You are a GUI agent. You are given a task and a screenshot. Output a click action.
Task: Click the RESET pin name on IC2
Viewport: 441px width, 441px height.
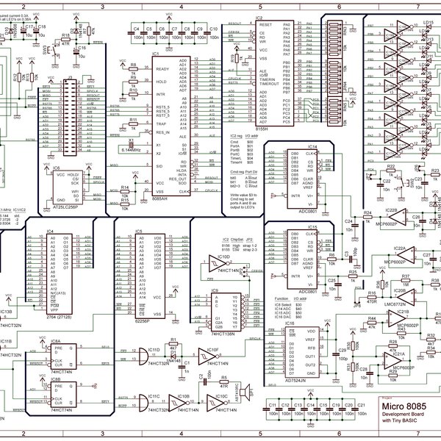pos(265,24)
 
